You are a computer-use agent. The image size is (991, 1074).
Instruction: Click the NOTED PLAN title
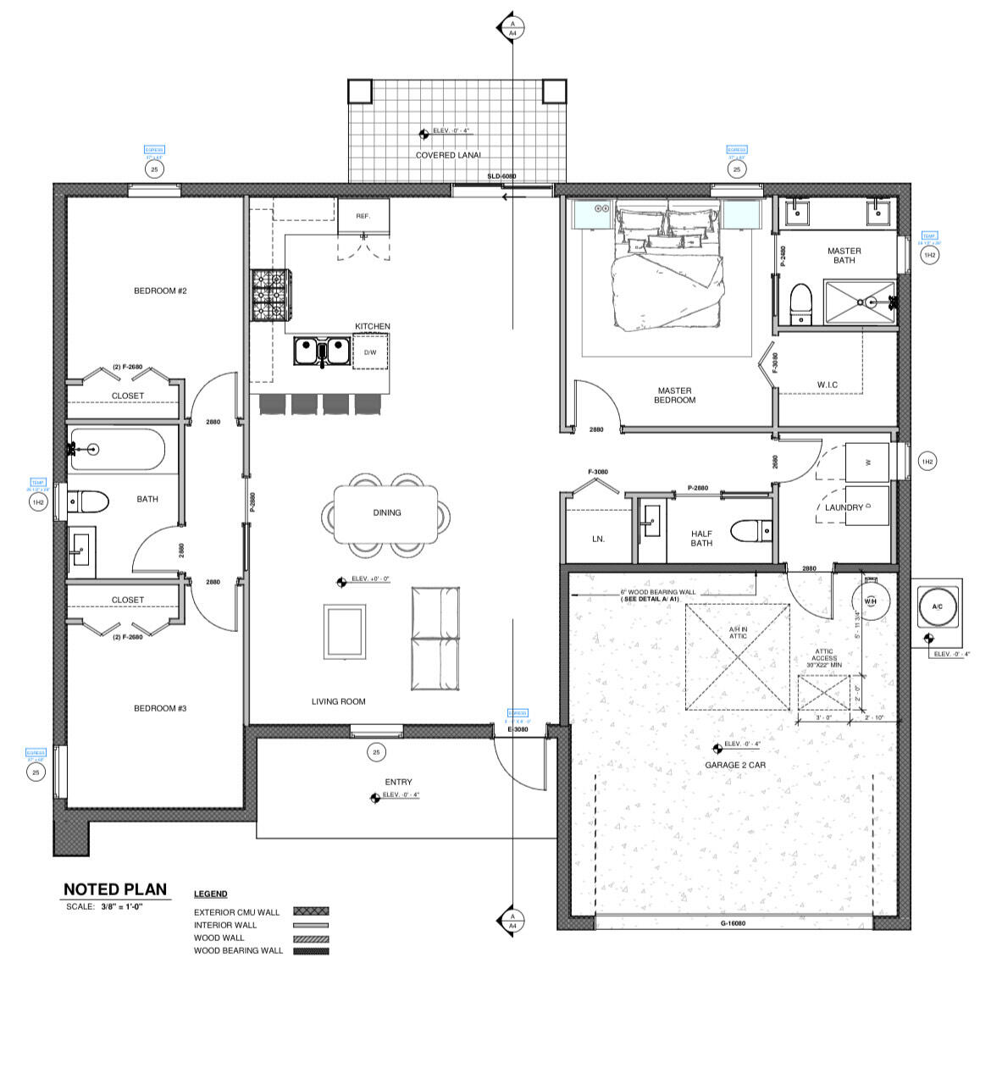coord(115,889)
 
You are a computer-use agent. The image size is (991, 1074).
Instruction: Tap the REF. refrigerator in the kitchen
coord(363,217)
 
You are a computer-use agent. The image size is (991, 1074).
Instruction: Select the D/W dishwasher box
coord(370,352)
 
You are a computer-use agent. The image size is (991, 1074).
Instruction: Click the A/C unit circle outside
coord(937,607)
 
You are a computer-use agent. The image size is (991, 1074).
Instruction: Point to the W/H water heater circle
coord(871,601)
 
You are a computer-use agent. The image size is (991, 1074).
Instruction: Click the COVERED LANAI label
coord(448,155)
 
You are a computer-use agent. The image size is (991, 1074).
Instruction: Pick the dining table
coord(387,513)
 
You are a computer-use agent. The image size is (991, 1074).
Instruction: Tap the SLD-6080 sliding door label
coord(501,176)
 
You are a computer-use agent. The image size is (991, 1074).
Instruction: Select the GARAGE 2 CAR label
coord(735,765)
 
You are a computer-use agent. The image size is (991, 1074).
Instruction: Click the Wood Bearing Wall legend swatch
coord(311,951)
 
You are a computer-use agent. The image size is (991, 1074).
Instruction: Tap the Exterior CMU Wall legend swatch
coord(311,912)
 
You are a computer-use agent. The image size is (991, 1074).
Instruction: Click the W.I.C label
coord(827,385)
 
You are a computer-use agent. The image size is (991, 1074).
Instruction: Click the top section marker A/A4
coord(512,28)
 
